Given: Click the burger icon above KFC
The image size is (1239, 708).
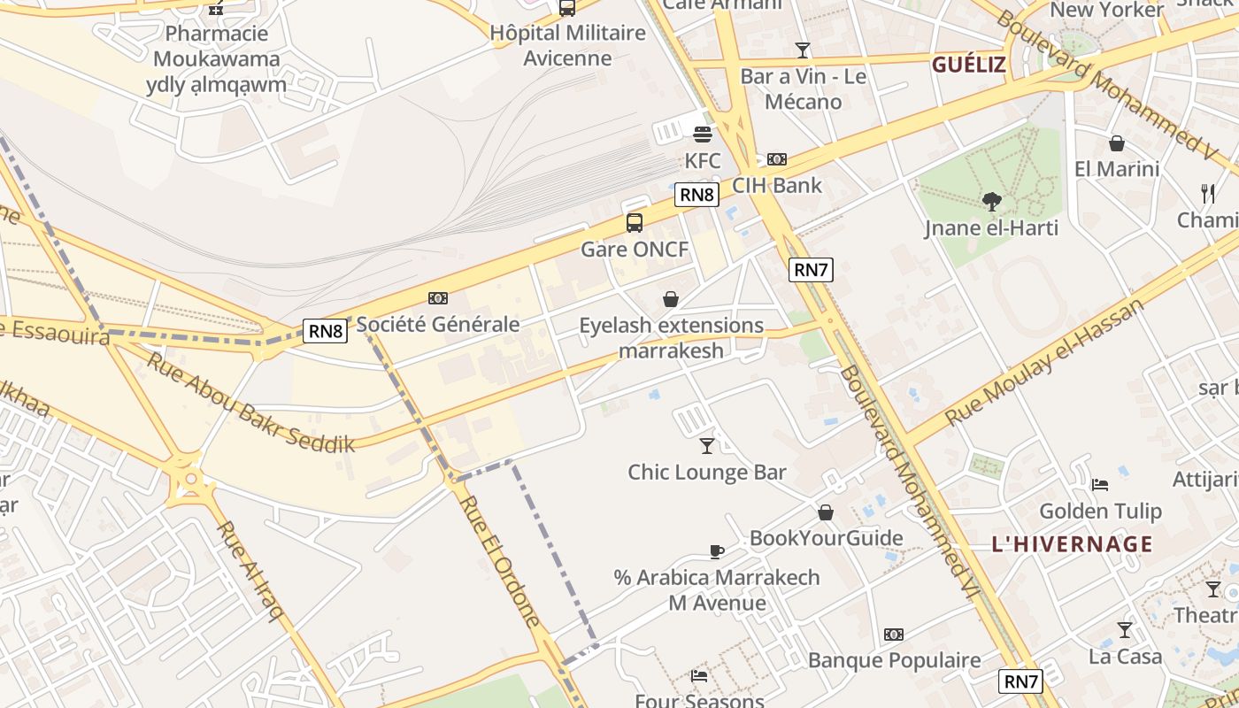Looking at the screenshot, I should coord(703,135).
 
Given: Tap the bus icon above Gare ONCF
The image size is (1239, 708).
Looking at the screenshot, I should coord(635,223).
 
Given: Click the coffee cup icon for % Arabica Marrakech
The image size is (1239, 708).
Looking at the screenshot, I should coord(717,551).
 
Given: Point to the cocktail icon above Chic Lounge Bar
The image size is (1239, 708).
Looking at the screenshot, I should coord(707,445).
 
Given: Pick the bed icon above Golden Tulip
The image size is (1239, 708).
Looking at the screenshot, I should coord(1100,484).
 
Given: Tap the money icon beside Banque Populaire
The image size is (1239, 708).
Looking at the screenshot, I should coord(894,635).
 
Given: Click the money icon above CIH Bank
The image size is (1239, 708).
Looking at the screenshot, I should coord(777,159).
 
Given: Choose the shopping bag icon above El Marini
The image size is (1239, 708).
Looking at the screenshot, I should coord(1117,143).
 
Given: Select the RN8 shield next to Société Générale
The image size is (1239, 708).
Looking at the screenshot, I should coord(326,331).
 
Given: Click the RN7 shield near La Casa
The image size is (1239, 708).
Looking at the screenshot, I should coord(1021,681).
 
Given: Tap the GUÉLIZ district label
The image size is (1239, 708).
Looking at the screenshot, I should coord(969,65).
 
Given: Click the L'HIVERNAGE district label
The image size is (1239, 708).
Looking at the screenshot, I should coord(1073,543).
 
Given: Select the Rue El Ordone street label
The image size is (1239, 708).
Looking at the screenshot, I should coord(499,560).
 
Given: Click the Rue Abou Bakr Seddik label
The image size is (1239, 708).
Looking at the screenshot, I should coord(250,403).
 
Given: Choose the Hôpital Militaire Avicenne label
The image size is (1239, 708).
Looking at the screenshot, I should coord(568,46).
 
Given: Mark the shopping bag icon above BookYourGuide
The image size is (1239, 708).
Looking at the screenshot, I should coord(826,512).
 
